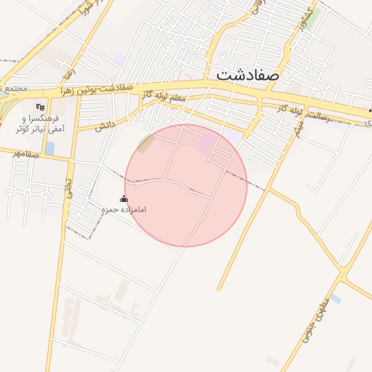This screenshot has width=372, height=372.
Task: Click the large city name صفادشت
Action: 248,74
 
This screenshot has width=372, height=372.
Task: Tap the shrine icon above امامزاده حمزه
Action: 124,199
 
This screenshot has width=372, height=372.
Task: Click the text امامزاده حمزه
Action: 124,210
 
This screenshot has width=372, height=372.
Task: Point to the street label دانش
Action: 106,126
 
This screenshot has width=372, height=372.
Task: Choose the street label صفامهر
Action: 25,154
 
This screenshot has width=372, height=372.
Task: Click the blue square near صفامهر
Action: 49,148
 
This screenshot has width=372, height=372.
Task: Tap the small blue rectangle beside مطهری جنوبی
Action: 336,299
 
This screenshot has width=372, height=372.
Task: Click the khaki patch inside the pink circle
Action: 146,143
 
